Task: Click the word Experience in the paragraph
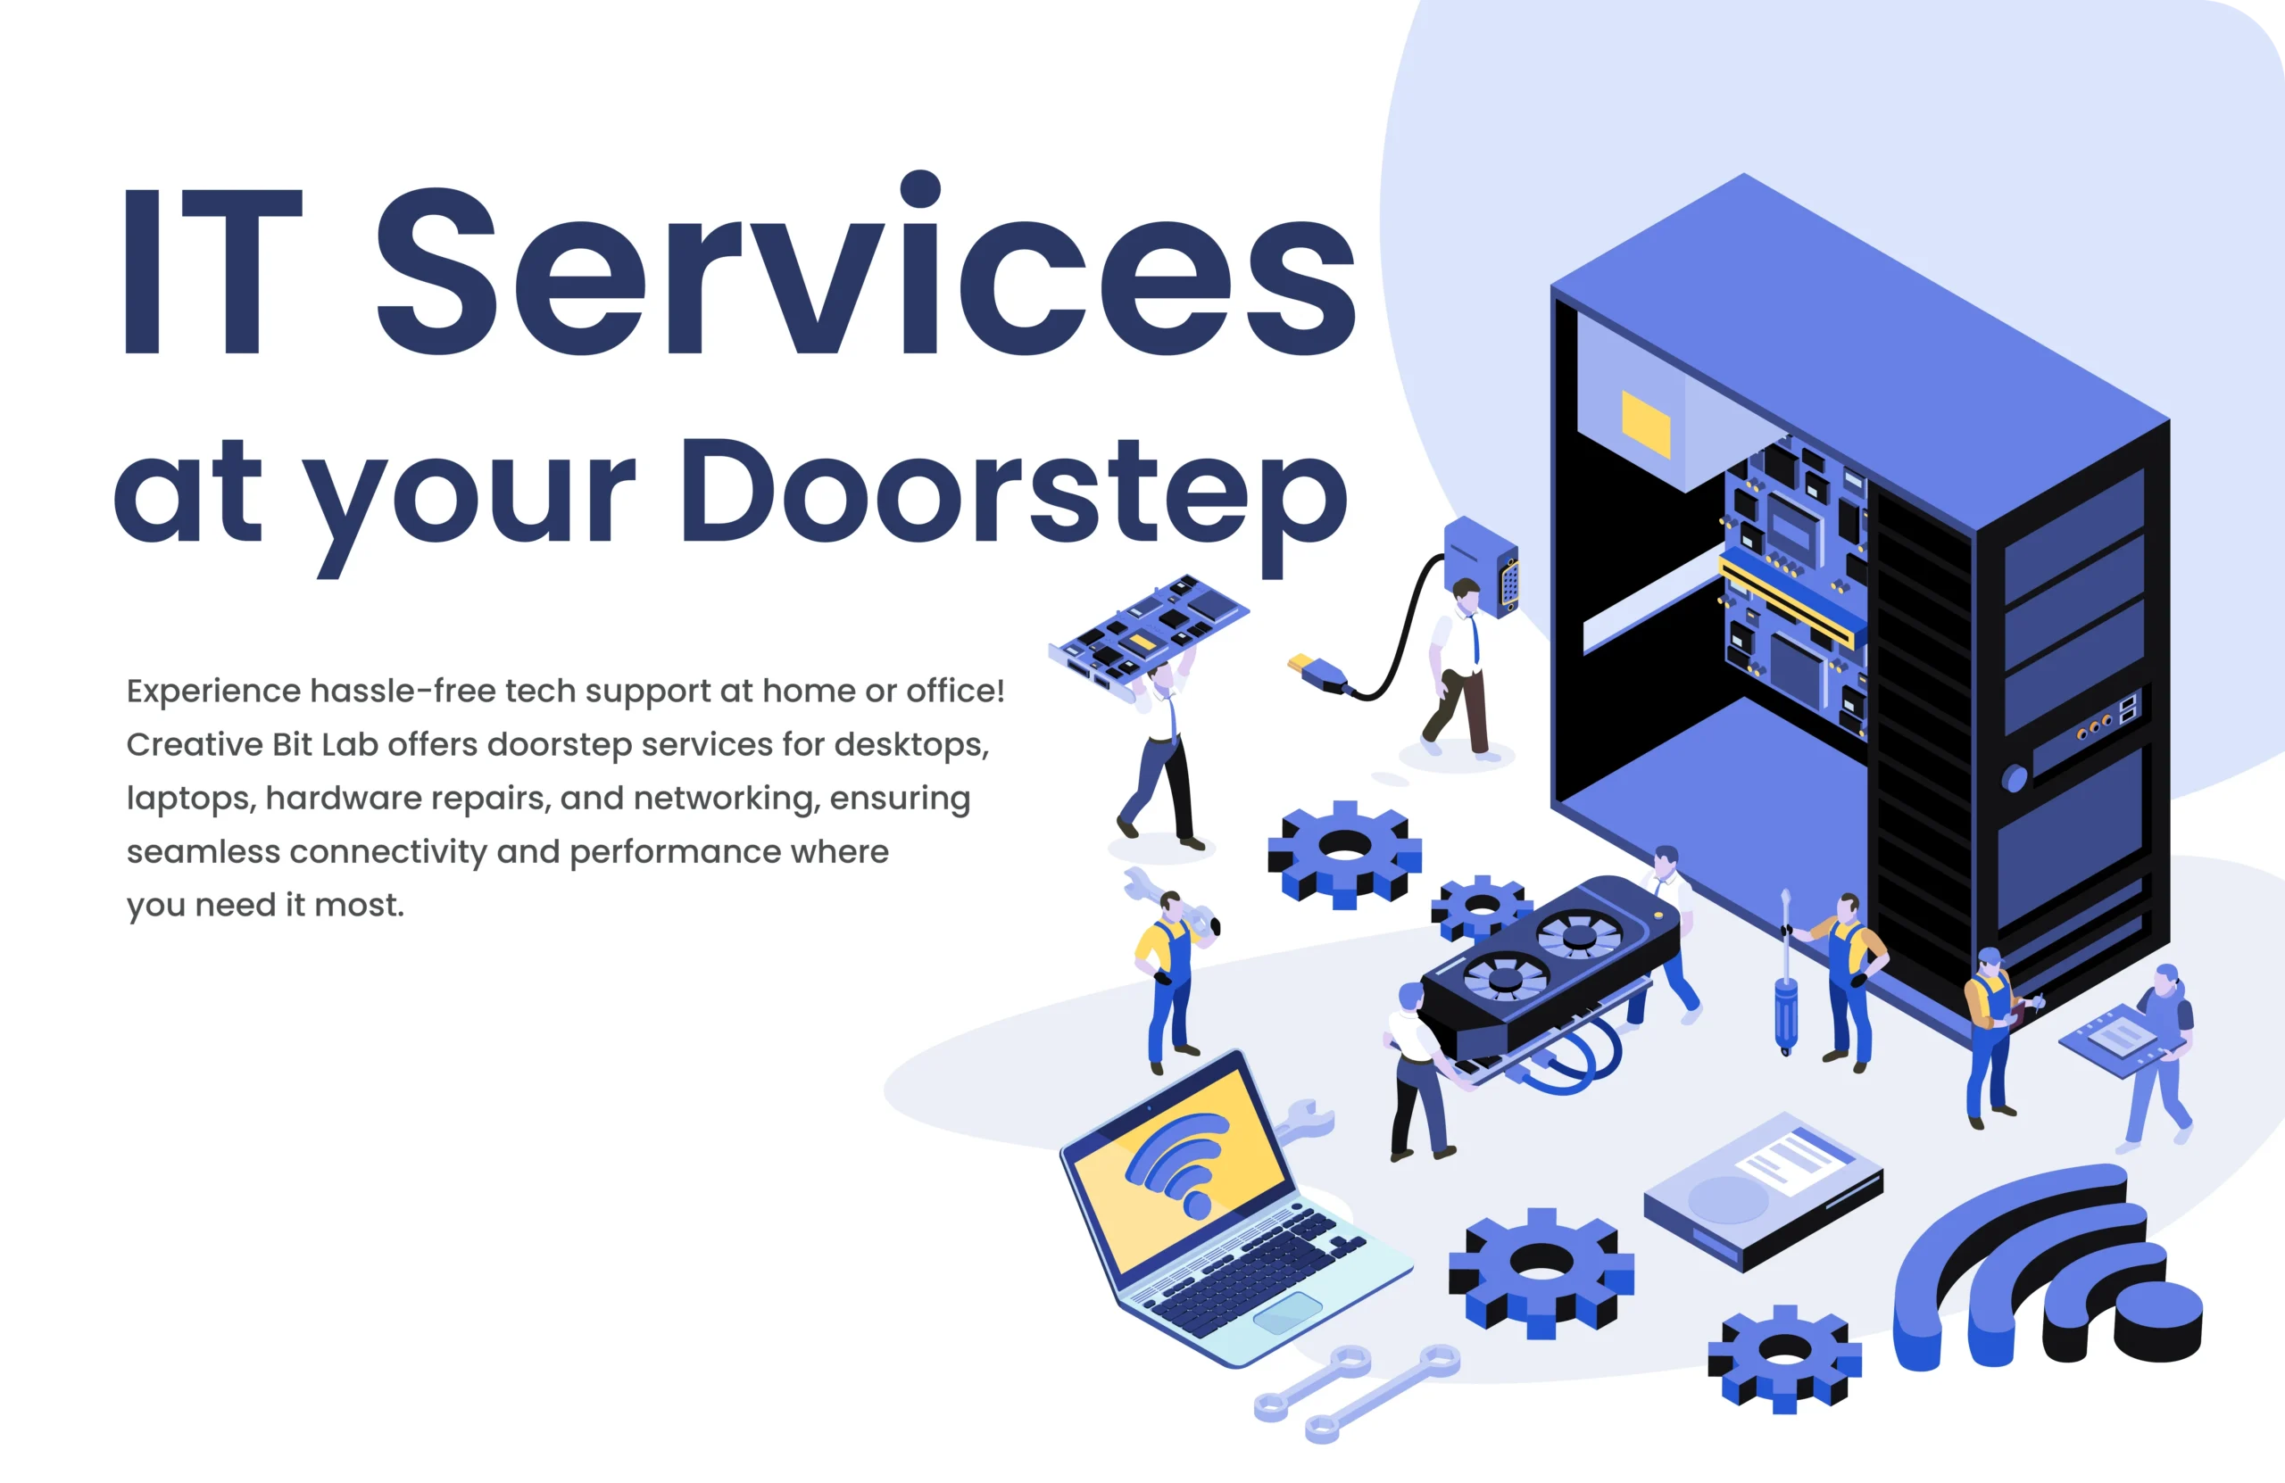point(213,692)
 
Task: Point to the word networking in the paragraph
point(726,799)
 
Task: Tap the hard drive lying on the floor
point(1763,1190)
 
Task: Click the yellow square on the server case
point(1646,423)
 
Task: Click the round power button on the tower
point(2015,777)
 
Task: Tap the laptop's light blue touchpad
point(1287,1311)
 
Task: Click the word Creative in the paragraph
point(194,746)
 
